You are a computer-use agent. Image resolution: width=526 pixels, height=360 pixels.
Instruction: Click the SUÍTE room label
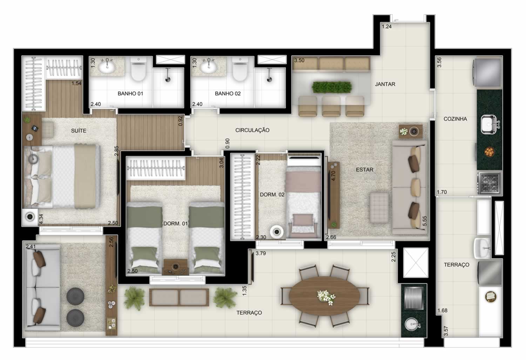(79, 131)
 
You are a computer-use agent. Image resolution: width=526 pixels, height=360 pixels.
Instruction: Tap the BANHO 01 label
(130, 93)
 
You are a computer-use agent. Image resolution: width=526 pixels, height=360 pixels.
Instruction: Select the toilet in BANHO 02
(240, 69)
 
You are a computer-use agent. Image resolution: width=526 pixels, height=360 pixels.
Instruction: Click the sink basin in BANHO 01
(107, 68)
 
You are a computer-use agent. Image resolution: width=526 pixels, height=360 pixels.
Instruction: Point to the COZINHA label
(455, 119)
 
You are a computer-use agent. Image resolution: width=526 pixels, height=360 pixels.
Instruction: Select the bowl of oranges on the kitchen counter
(489, 151)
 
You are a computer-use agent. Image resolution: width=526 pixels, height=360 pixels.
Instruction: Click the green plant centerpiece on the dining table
(331, 87)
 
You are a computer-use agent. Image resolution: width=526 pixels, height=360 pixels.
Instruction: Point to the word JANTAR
(385, 84)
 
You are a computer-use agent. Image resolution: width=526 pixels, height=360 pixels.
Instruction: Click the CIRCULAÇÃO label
(252, 130)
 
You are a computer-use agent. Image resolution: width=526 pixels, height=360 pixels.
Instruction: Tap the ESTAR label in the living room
(364, 170)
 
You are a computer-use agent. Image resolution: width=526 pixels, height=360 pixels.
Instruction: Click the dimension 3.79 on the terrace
(261, 253)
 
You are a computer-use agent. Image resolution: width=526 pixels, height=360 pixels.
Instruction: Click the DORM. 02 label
(272, 195)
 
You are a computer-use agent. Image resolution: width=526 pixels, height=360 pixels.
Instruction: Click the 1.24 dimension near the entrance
(386, 27)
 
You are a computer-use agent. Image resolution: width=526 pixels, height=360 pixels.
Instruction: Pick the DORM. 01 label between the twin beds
(175, 223)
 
